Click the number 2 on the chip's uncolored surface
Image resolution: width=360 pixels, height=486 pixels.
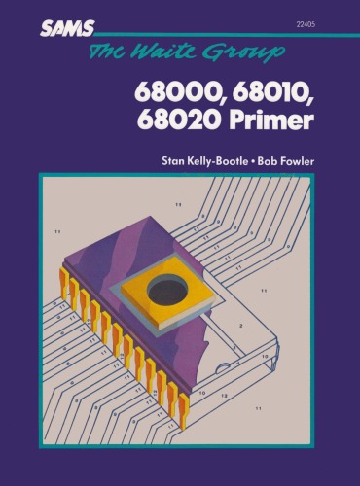tap(240, 326)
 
